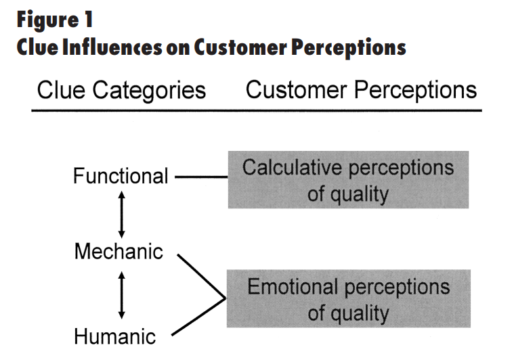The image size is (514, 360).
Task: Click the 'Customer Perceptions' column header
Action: pyautogui.click(x=361, y=91)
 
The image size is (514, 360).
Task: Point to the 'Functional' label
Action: pyautogui.click(x=121, y=177)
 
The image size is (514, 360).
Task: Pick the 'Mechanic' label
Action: pyautogui.click(x=119, y=252)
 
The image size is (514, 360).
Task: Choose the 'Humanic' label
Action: pyautogui.click(x=114, y=336)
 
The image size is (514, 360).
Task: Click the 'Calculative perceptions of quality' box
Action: pyautogui.click(x=348, y=179)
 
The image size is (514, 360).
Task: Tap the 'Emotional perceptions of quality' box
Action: pyautogui.click(x=348, y=298)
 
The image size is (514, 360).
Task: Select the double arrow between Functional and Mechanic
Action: pyautogui.click(x=121, y=214)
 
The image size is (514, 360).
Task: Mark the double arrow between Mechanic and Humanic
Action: pyautogui.click(x=121, y=294)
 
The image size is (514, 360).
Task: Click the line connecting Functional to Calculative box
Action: pyautogui.click(x=200, y=177)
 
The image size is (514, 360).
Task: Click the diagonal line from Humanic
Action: pyautogui.click(x=198, y=317)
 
